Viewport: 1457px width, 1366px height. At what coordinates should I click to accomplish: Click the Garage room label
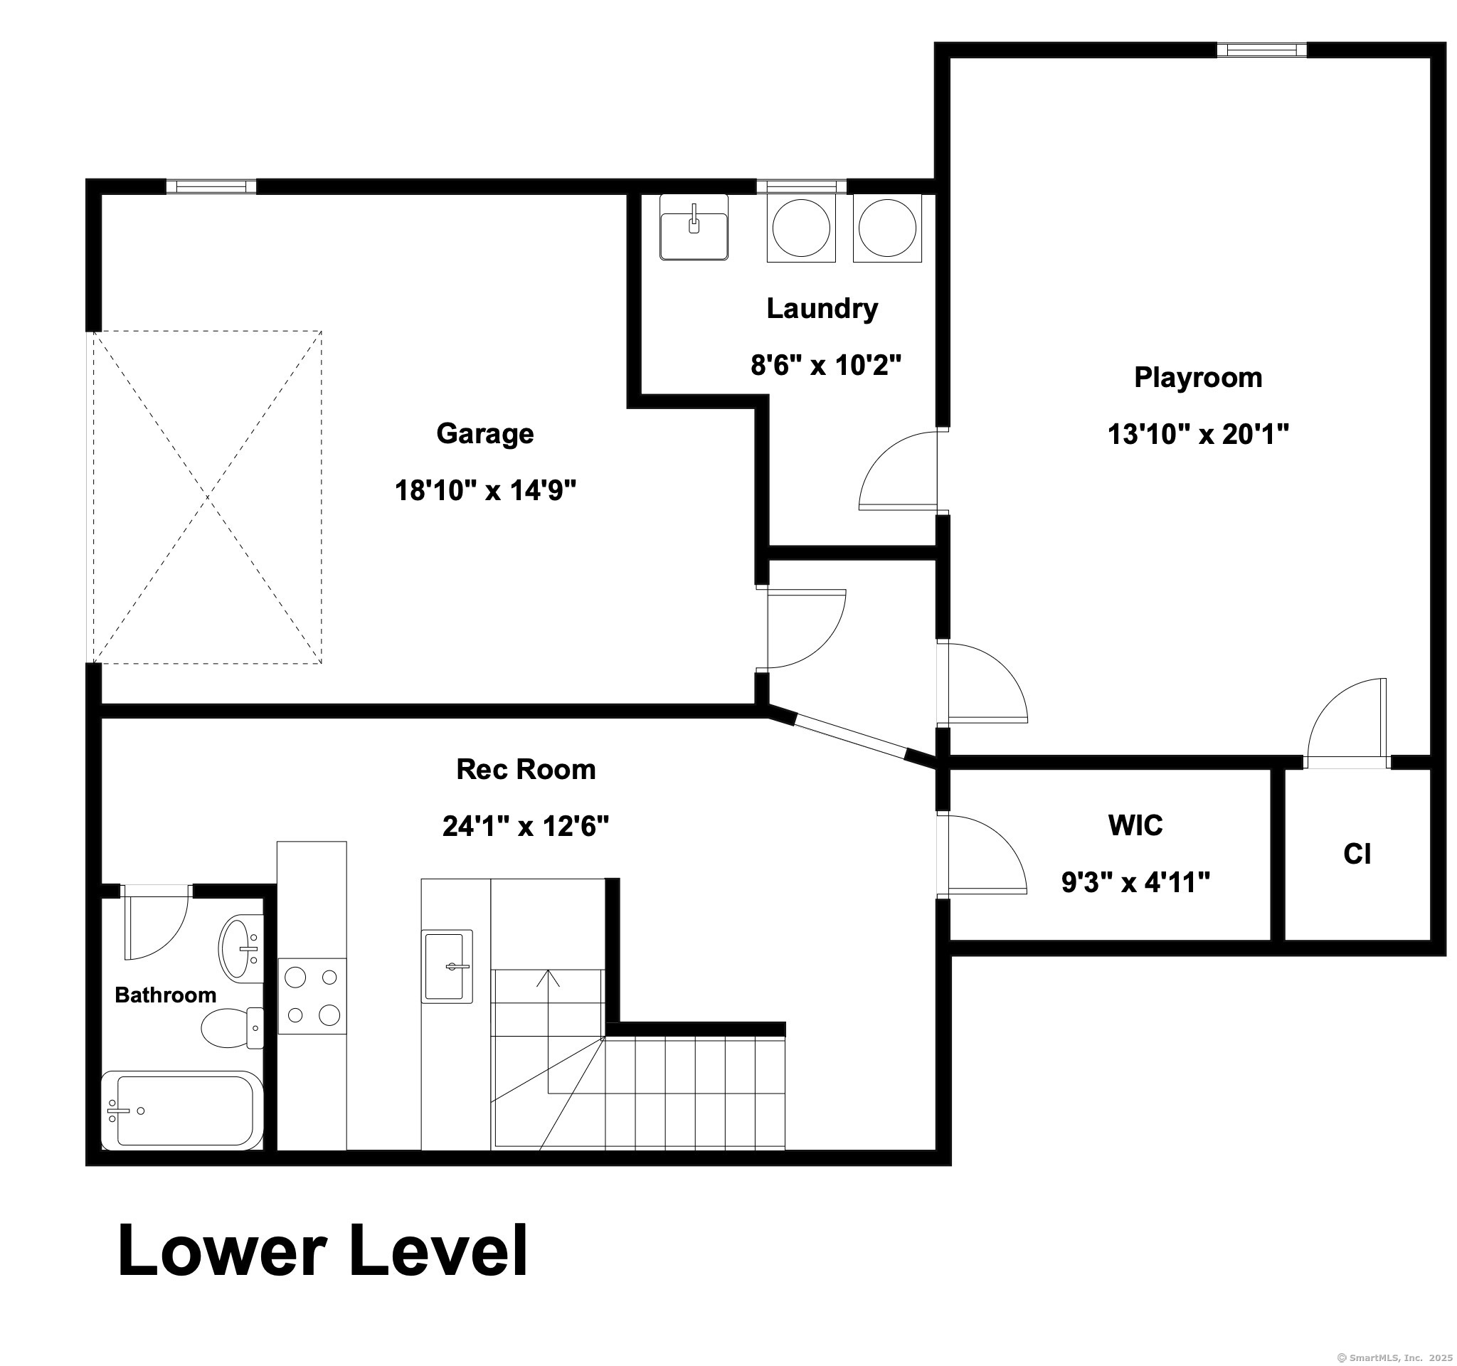[484, 434]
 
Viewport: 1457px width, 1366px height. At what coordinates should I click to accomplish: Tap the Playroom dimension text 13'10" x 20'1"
[1197, 435]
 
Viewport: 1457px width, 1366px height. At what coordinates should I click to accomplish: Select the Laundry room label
[822, 309]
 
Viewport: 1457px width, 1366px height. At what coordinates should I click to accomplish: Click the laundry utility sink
[694, 227]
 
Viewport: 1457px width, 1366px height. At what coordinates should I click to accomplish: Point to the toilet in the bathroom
[233, 1027]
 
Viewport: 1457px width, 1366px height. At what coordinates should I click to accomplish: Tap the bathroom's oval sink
[240, 948]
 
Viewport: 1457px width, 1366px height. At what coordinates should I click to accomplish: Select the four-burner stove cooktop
[312, 996]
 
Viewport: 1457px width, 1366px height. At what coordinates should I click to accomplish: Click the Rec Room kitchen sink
[446, 967]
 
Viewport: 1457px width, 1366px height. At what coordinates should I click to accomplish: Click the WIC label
[1135, 826]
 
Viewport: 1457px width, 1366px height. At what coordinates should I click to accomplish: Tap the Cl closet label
[1357, 854]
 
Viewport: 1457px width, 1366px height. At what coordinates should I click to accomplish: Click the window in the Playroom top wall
[1261, 50]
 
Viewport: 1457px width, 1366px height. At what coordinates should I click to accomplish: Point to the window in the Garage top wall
[211, 186]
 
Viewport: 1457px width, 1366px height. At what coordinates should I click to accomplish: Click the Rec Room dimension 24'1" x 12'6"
[526, 827]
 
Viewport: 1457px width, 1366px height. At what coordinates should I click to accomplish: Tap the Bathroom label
[166, 995]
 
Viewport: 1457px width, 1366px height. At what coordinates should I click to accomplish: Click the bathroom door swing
[156, 923]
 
